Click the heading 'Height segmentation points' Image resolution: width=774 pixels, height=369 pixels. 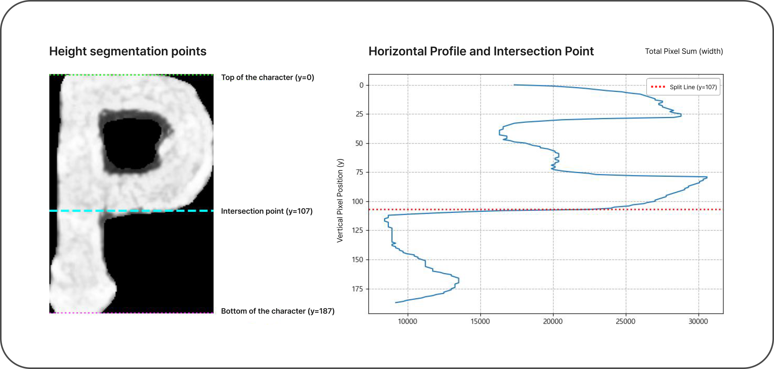tap(128, 51)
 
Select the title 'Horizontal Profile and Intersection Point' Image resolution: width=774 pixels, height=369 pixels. tap(481, 51)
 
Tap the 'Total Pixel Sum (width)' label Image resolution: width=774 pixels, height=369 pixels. tap(684, 51)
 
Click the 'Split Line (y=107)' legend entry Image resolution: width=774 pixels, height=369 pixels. tap(693, 87)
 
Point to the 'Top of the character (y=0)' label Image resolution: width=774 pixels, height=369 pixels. tap(268, 77)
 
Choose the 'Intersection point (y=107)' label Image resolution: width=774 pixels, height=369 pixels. tap(267, 211)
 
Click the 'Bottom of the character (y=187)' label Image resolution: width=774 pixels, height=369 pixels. tap(278, 311)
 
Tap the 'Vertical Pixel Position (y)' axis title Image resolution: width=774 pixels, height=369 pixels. tap(340, 200)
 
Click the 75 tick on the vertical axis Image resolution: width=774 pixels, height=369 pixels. tap(359, 172)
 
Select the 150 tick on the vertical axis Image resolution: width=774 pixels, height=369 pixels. tap(358, 260)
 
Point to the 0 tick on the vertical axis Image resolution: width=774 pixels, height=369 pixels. tap(361, 85)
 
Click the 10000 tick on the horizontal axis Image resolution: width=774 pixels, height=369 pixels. tap(407, 321)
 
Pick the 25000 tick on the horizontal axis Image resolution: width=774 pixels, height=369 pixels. tap(625, 321)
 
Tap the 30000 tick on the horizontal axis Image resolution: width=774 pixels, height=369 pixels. tap(698, 321)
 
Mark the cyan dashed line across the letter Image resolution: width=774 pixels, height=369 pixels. tap(131, 211)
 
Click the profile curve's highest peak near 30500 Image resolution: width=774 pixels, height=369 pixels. tap(706, 177)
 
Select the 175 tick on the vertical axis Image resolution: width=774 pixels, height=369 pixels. tap(358, 289)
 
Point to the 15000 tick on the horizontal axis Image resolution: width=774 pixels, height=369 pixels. tap(480, 321)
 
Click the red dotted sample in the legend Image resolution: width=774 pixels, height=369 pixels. tap(658, 87)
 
